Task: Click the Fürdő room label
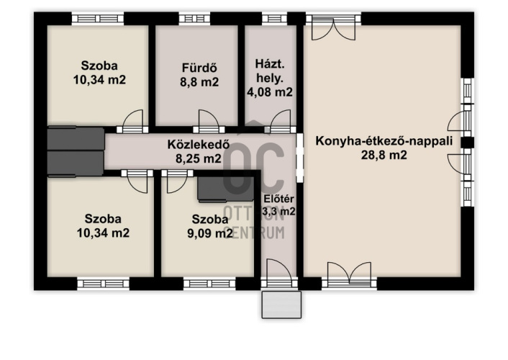coord(199,68)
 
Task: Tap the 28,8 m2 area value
coord(384,155)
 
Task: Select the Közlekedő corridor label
coord(199,144)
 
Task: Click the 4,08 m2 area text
coord(270,92)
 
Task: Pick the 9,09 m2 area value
coord(210,233)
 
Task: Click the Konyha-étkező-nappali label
coord(384,141)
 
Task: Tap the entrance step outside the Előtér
coord(281,305)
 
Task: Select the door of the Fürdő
coord(209,122)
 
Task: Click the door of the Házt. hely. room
coord(280,122)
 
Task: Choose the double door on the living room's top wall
coord(333,27)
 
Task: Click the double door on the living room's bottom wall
coord(349,275)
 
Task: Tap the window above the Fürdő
coord(194,19)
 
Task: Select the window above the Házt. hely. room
coord(274,19)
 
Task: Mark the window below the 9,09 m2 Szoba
coord(209,284)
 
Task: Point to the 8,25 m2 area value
coord(199,158)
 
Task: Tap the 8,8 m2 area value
coord(199,82)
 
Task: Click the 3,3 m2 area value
coord(278,212)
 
